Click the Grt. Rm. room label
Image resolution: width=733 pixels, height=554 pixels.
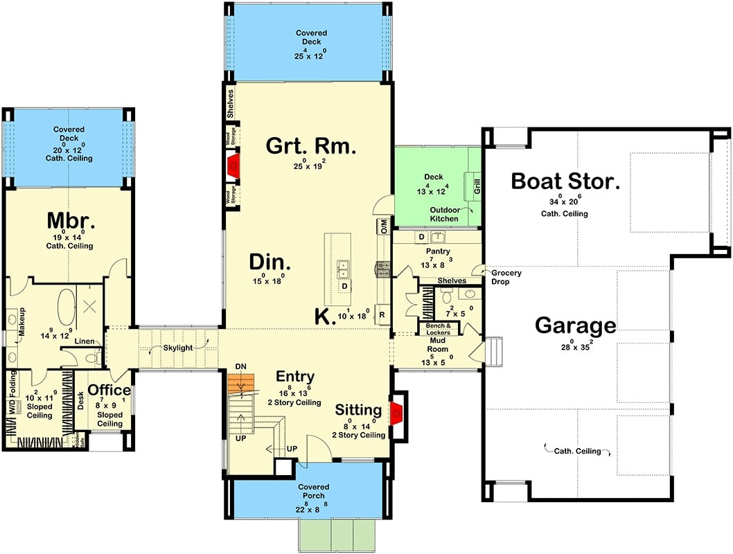coord(311,146)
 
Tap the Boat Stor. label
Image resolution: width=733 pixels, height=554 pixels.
coord(565,182)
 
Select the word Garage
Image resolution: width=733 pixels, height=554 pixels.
coord(575,325)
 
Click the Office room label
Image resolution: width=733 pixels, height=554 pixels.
coord(109,391)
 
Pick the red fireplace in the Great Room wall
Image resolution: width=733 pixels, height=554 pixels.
coord(234,165)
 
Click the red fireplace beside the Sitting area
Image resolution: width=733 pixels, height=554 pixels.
coord(396,413)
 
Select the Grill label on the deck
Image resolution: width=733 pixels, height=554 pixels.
coord(477,185)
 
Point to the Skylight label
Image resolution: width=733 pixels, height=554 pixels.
coord(179,348)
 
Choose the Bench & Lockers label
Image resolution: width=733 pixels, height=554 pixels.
coord(439,329)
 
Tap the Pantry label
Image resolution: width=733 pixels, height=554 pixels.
coord(438,251)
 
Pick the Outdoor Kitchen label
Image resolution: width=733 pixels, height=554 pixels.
coord(444,214)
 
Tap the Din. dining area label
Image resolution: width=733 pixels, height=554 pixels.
coord(270,264)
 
